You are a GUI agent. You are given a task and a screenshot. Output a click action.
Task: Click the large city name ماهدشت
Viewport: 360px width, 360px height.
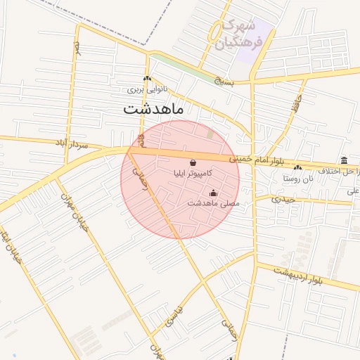click(x=153, y=109)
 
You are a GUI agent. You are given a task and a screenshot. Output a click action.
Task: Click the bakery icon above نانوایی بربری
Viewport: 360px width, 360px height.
click(x=146, y=79)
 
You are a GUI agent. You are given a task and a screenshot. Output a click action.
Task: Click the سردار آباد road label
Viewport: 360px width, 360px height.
click(x=71, y=143)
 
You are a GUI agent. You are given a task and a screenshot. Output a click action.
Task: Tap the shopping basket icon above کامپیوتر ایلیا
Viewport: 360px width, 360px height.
click(x=193, y=162)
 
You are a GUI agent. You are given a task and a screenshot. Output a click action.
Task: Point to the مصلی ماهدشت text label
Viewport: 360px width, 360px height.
click(x=214, y=203)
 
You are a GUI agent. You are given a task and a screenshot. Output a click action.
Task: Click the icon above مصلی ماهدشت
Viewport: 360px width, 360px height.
click(x=214, y=193)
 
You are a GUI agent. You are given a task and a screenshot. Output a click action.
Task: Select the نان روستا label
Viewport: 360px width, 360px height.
click(x=297, y=179)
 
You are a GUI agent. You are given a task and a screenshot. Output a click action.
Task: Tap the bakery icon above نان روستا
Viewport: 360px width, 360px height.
click(x=298, y=168)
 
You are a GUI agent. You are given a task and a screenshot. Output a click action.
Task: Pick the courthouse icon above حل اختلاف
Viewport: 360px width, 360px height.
click(x=343, y=160)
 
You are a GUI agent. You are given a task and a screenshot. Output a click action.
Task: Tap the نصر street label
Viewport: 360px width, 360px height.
click(x=77, y=49)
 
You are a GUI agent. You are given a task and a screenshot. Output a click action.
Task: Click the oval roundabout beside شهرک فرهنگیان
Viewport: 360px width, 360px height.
click(x=216, y=31)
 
